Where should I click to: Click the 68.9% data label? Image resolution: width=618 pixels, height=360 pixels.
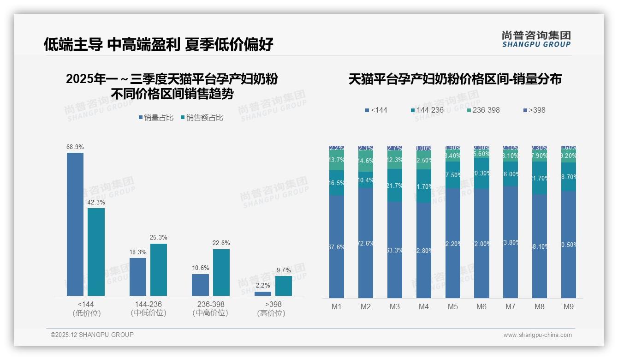tap(75, 147)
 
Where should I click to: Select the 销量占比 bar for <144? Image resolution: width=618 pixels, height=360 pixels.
tap(75, 224)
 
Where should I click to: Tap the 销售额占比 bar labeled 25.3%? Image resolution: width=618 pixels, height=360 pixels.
tap(158, 270)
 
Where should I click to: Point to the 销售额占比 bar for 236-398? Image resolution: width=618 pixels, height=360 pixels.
tap(221, 272)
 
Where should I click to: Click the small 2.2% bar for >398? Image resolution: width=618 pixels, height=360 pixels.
tap(263, 294)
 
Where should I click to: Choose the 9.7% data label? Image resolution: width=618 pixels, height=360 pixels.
tap(284, 270)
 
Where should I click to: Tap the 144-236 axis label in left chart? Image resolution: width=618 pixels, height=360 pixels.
tap(148, 305)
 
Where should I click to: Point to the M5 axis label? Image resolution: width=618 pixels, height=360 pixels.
tap(453, 307)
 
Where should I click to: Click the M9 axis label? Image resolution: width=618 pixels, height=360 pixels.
tap(569, 307)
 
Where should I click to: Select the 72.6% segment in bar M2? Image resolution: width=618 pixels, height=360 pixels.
tap(366, 243)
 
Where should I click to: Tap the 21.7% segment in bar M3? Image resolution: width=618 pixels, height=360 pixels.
tap(395, 186)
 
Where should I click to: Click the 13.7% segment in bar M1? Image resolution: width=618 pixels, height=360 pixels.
tap(337, 160)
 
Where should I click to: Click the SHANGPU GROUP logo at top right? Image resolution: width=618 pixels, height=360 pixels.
tap(536, 39)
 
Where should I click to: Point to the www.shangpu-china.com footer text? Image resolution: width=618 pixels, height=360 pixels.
tap(537, 335)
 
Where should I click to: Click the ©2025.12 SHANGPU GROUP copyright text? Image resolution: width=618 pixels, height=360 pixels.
tap(92, 335)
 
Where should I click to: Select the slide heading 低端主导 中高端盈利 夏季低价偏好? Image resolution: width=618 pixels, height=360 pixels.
tap(159, 44)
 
